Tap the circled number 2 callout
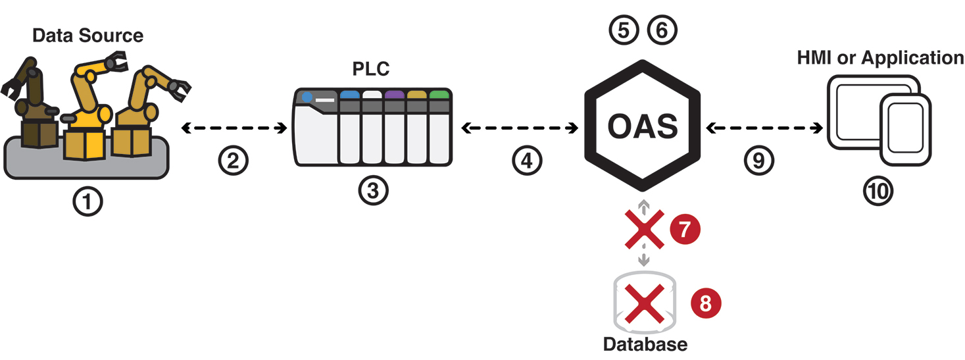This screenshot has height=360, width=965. coord(233,161)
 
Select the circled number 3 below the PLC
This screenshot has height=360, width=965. coord(373,191)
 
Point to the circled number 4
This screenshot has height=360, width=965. coord(527,161)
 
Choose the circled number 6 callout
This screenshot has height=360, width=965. coord(661,30)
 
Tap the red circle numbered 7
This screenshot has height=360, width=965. coord(685,230)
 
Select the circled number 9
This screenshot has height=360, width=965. coord(759,161)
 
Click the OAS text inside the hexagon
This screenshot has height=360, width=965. coord(643,126)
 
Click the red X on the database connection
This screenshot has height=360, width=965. coord(644,230)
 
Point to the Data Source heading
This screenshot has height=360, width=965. coord(87,35)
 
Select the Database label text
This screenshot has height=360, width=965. coord(645,344)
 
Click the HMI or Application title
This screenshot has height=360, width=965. coord(880,58)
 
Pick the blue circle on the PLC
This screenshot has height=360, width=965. coord(307,97)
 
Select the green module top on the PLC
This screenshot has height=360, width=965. coord(439,95)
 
